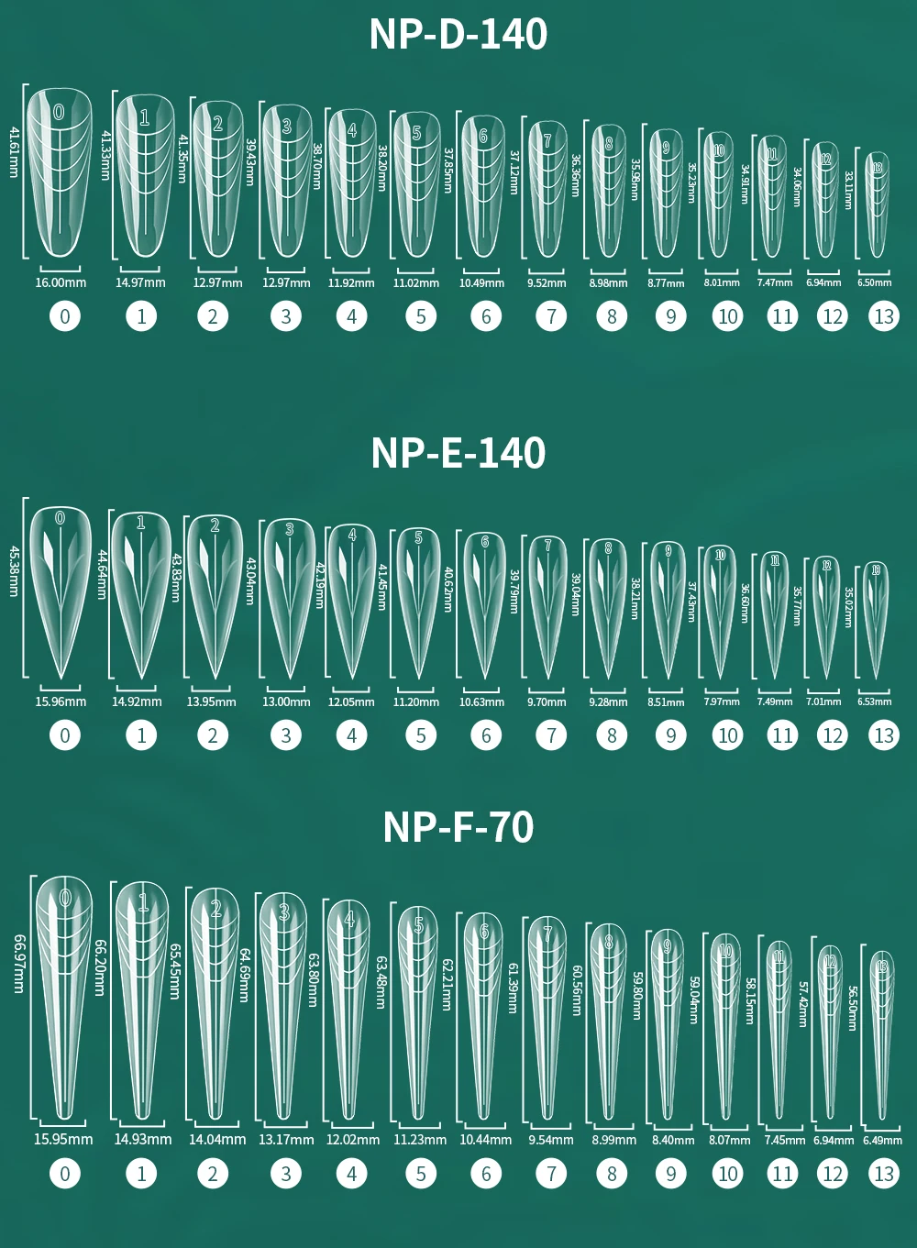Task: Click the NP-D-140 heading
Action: (x=458, y=35)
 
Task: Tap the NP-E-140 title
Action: (x=458, y=453)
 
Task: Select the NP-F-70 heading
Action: (x=458, y=827)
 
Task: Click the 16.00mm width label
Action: (x=61, y=282)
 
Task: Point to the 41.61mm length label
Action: (x=14, y=153)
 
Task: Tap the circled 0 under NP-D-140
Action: (x=64, y=317)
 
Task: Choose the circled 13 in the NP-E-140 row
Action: (x=884, y=735)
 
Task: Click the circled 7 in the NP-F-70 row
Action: (x=551, y=1174)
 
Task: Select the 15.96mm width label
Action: (x=61, y=701)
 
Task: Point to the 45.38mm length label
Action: (x=14, y=571)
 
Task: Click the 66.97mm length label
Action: (x=18, y=963)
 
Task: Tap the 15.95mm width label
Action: (x=63, y=1140)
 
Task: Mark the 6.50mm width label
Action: (x=874, y=282)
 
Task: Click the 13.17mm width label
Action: (x=286, y=1140)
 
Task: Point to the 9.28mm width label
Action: (x=608, y=702)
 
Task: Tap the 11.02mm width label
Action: (x=416, y=283)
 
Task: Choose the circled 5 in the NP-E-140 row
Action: (x=421, y=735)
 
